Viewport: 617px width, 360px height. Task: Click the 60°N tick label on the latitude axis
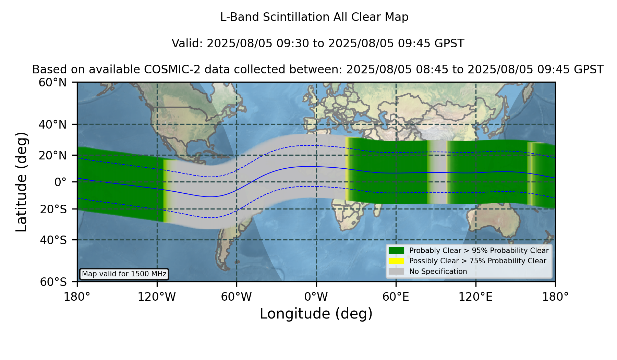point(52,83)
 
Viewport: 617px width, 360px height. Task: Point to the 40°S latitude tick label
point(53,240)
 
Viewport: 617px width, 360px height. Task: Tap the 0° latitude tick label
point(60,182)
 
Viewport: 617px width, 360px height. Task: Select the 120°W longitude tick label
point(157,297)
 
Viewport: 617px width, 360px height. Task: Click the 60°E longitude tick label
point(396,297)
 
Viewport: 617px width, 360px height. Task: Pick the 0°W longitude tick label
point(316,297)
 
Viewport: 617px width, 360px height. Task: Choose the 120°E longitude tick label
point(475,297)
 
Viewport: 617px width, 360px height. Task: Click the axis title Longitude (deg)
point(316,314)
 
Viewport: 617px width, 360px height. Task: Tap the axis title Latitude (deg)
point(21,182)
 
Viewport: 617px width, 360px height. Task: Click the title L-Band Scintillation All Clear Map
point(314,17)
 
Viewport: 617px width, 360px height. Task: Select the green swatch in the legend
point(397,250)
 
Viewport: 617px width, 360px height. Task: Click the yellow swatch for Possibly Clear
point(397,261)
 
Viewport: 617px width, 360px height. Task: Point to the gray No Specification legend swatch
point(397,272)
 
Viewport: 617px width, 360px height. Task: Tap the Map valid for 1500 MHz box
point(124,274)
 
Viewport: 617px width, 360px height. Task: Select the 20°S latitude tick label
point(53,209)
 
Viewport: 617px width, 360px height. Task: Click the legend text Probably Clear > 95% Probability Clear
point(479,251)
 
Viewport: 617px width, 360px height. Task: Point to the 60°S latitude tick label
point(53,282)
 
